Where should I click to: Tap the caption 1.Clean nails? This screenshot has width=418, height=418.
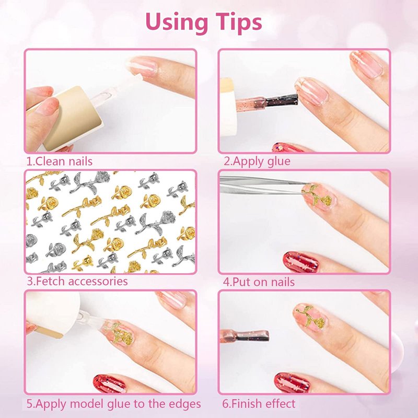[60, 161]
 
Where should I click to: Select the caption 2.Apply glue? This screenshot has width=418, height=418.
[257, 161]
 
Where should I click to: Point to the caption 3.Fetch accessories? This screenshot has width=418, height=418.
[77, 282]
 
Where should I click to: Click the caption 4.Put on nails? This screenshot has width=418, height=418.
[259, 282]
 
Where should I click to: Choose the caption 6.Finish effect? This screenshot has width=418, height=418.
[259, 404]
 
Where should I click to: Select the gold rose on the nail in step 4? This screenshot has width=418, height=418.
[317, 195]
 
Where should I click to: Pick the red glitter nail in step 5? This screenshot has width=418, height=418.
[109, 383]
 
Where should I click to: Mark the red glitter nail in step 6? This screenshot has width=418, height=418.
[292, 382]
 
